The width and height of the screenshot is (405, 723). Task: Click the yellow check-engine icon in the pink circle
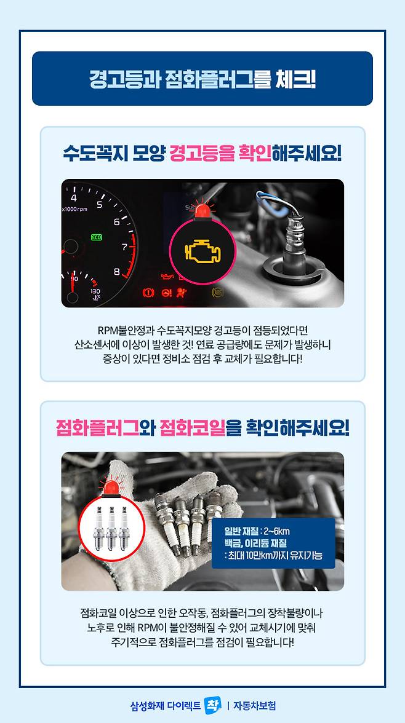[x=202, y=251]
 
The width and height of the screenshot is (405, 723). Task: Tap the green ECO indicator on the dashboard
[x=96, y=237]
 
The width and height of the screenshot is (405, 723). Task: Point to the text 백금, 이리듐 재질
[x=255, y=543]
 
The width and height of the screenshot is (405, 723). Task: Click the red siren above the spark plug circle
[x=111, y=488]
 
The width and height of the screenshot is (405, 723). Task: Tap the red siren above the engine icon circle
[x=202, y=210]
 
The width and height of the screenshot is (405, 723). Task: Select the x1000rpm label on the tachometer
[x=74, y=209]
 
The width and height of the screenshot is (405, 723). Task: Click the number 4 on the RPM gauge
[x=74, y=198]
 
